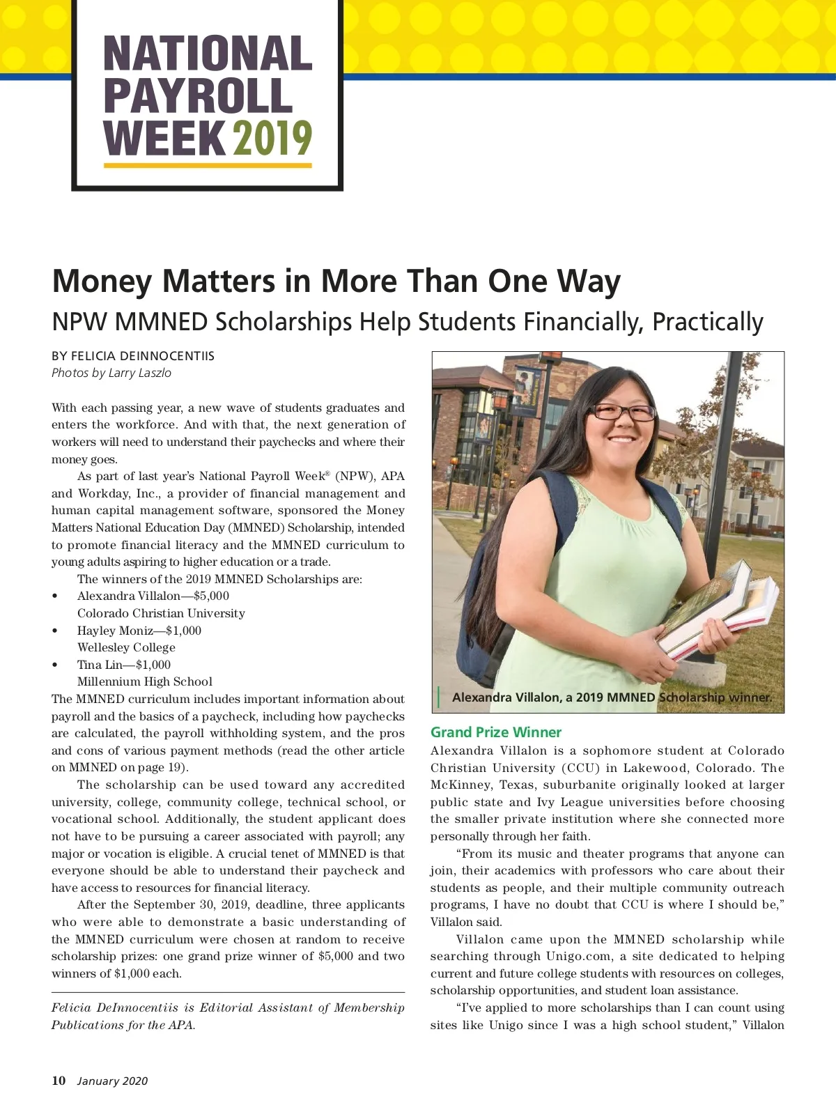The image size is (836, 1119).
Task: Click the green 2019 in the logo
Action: (272, 138)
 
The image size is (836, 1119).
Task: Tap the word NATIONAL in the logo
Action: (208, 54)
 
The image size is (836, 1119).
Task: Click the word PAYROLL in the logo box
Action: (199, 96)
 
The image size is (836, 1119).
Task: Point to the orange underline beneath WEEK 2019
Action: (208, 166)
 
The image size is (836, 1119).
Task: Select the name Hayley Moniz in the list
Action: (114, 631)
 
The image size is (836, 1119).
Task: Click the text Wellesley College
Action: (126, 647)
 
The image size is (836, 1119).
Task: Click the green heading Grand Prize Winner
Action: (495, 732)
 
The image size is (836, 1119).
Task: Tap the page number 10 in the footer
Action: (59, 1081)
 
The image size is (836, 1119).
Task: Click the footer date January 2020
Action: (112, 1081)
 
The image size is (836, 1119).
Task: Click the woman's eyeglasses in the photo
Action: (623, 412)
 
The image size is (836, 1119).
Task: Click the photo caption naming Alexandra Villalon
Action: (612, 697)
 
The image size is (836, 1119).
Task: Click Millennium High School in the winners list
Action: (145, 681)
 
